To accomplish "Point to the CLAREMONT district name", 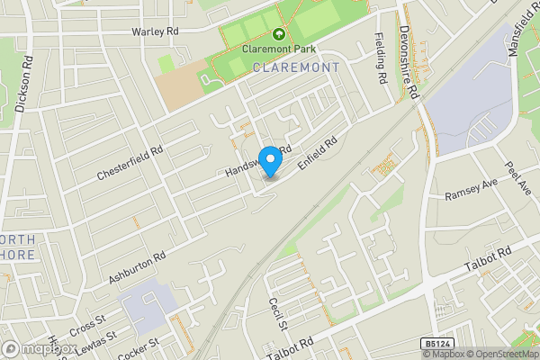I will coord(296,67).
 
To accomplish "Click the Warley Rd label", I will coord(156,31).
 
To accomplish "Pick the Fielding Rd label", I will coord(381,58).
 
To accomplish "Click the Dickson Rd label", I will coord(26,86).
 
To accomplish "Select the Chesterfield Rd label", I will coord(131,164).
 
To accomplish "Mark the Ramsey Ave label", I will coord(471,190).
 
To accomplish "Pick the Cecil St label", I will coord(275,312).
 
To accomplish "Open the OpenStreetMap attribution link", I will coord(502,354).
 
